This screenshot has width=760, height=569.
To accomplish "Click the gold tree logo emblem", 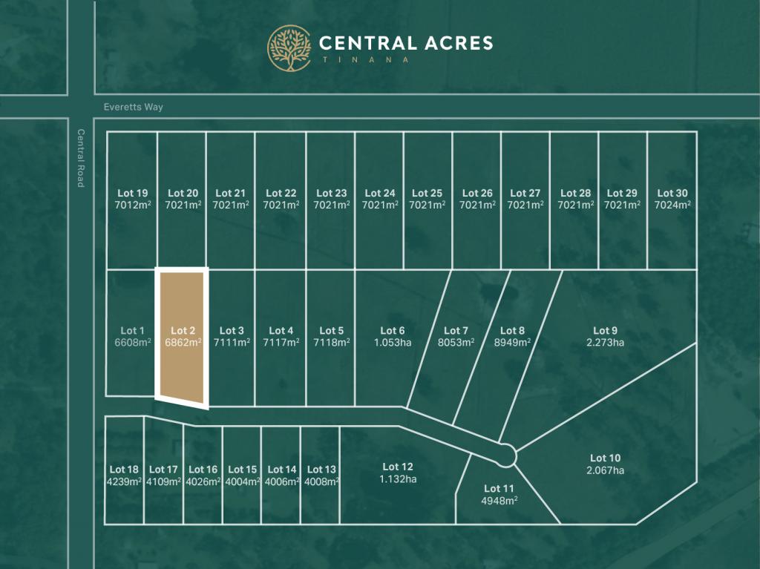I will coord(289,48).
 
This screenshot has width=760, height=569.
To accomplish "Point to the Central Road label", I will coord(81,158).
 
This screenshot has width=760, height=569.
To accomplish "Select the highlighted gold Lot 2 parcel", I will coord(182,338).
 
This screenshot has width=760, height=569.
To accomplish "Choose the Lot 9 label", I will coord(605,331).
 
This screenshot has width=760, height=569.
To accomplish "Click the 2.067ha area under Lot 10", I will coord(605,470).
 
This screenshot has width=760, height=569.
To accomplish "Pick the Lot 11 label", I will coord(499,488).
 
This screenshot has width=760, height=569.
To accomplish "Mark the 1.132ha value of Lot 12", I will coord(398,479).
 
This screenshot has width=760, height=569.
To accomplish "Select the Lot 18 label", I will coord(124,470).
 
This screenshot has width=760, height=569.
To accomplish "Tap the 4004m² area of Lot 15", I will coord(242,481).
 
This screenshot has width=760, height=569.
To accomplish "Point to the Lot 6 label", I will coord(392,331).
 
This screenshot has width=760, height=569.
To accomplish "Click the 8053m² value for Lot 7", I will coord(456,343).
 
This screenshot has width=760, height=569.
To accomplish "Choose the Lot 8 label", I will coord(512,331).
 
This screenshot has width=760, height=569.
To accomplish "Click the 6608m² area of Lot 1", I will coord(133,343).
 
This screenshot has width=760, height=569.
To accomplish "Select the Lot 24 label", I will coord(379,194).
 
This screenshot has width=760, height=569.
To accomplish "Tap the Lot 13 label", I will coord(321,470).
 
